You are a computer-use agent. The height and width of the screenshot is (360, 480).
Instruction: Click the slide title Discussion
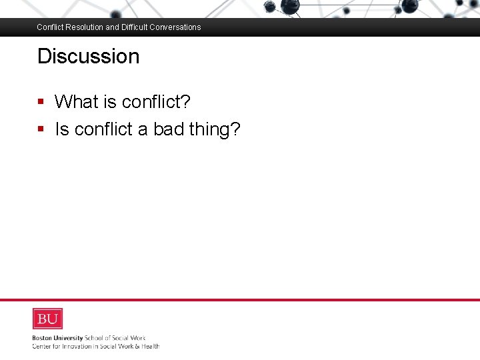88,56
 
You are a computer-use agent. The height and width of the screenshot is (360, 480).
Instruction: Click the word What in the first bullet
76,102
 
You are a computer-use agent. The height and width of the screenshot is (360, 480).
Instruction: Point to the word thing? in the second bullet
214,129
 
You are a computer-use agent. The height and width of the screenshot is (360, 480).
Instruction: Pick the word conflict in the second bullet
103,129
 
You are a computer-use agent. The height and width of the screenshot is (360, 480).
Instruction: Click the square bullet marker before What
41,102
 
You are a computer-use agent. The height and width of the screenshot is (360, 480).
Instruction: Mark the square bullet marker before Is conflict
41,129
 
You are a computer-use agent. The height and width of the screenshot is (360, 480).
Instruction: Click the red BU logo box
47,318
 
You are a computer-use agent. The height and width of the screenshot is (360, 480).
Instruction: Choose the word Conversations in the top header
176,27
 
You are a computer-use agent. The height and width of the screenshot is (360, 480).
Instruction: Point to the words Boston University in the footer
57,338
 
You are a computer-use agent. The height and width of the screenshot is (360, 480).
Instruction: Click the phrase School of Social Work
115,338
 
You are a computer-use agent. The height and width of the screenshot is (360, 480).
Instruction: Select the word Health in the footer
149,346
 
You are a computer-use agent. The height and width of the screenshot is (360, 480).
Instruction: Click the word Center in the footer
42,346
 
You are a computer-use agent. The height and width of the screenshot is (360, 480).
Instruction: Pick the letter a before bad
143,129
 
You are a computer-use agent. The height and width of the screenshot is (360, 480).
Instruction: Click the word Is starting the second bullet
61,129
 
